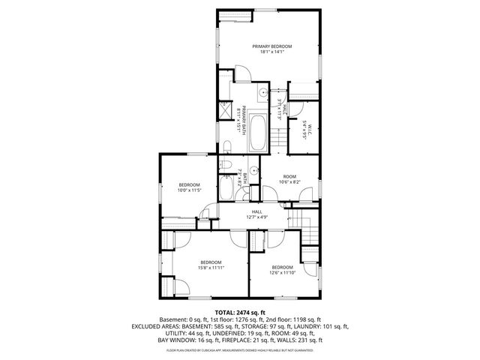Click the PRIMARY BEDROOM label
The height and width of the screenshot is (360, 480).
tap(271, 46)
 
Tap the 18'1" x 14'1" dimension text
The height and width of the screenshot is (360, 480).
tap(271, 52)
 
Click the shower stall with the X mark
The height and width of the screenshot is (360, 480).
tap(224, 110)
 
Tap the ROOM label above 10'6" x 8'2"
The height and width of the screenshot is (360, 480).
tap(289, 176)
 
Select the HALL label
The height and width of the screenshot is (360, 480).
tap(256, 211)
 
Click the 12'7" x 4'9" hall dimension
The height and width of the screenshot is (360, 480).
tap(256, 217)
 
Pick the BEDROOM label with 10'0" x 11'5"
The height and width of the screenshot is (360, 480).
tap(189, 184)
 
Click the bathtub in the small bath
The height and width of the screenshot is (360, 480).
tap(227, 187)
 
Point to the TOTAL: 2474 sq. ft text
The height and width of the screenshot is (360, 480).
tap(240, 311)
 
